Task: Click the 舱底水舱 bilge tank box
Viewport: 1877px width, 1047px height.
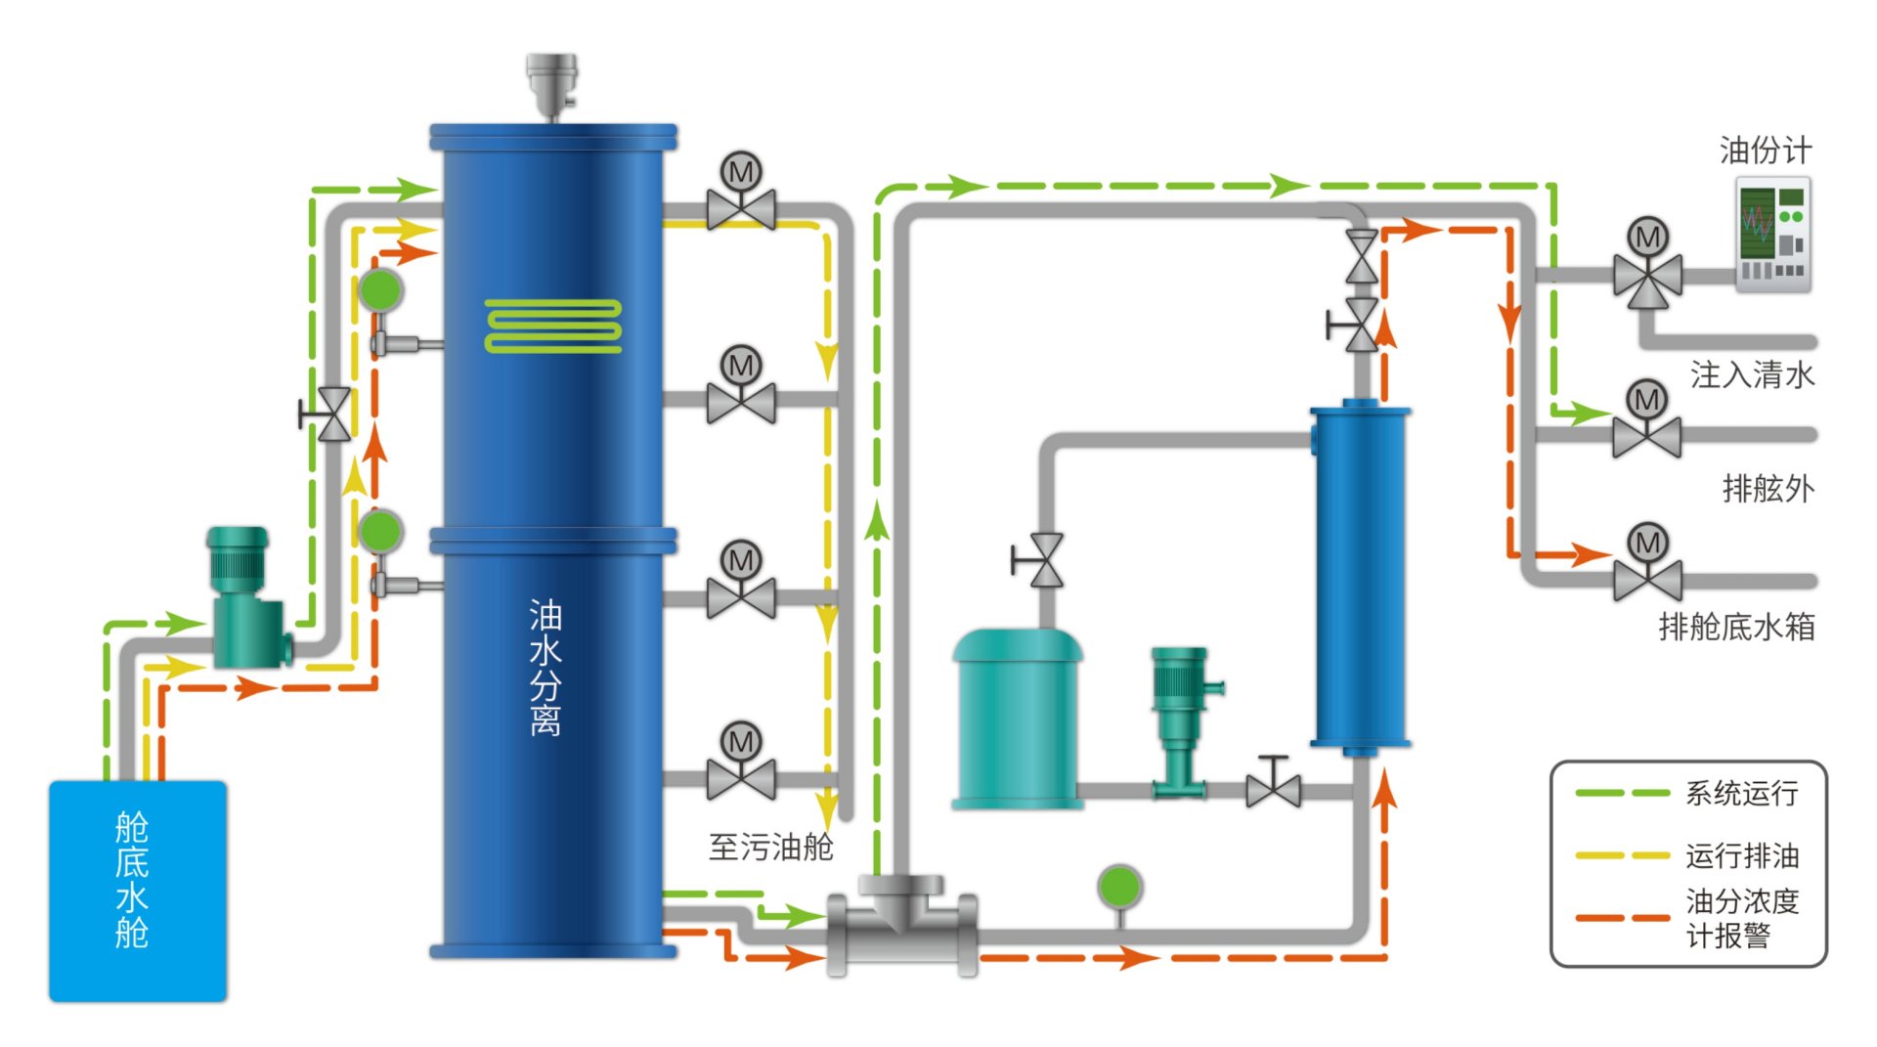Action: (138, 891)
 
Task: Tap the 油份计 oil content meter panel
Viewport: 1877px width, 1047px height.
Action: (1773, 235)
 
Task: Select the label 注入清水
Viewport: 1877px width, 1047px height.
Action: (1752, 374)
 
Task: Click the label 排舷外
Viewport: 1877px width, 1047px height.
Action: (1768, 488)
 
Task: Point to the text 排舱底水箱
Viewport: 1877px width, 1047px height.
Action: (1736, 626)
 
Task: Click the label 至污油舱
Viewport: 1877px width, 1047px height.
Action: (770, 847)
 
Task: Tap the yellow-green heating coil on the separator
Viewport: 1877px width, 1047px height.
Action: (553, 326)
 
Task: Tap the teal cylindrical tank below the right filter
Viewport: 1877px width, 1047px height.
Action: (1017, 720)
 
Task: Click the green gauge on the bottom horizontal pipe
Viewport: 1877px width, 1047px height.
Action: (1119, 888)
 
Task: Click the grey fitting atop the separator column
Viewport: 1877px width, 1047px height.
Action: (552, 84)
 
